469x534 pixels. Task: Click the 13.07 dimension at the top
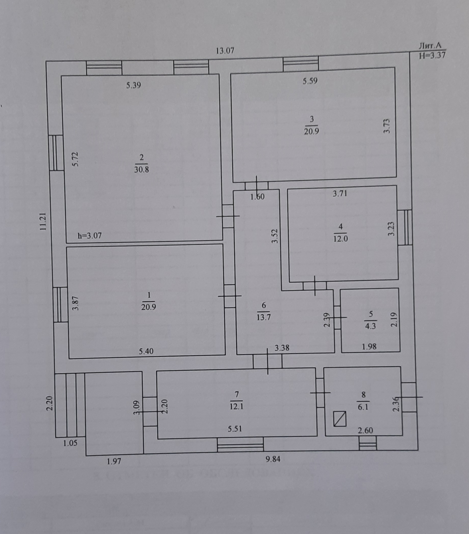pos(225,50)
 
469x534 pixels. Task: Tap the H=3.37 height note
pos(432,55)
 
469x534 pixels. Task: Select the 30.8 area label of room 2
pos(141,169)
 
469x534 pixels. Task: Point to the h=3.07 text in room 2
pos(90,236)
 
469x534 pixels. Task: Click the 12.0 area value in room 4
pos(340,239)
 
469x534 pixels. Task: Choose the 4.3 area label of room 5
pos(370,326)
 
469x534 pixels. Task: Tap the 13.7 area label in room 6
pos(263,317)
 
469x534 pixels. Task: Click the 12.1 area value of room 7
pos(236,407)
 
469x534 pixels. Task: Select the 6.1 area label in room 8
pos(363,407)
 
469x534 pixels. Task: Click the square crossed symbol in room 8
pos(340,419)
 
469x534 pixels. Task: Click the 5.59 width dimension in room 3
pos(310,81)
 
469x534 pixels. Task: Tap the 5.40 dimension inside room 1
pos(146,351)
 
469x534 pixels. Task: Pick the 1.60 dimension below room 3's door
pos(258,197)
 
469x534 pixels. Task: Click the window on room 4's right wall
pos(405,227)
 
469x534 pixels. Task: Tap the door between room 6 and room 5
pos(337,317)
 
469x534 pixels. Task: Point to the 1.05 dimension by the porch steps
pos(70,443)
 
